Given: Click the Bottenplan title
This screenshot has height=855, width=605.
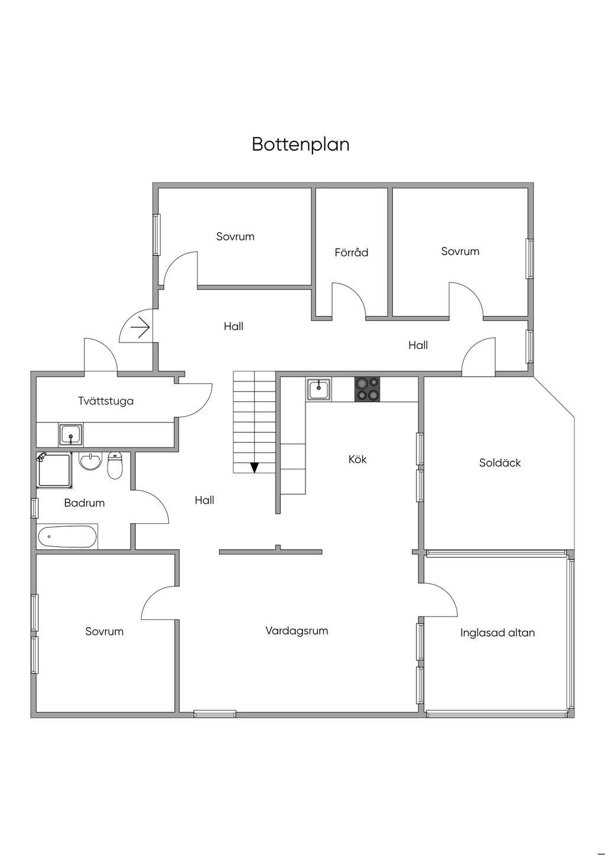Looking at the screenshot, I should pyautogui.click(x=300, y=145).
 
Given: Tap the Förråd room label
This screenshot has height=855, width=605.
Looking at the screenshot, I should pyautogui.click(x=351, y=253).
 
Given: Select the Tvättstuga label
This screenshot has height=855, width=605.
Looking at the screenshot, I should pyautogui.click(x=106, y=401).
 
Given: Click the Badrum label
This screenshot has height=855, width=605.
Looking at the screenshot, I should pyautogui.click(x=84, y=503).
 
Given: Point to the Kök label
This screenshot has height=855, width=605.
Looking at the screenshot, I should pyautogui.click(x=357, y=459).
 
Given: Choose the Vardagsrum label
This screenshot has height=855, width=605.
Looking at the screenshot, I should pyautogui.click(x=297, y=631).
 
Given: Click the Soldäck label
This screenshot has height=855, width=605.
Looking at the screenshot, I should pyautogui.click(x=500, y=463).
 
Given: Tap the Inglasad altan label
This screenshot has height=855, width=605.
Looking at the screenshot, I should pyautogui.click(x=497, y=633).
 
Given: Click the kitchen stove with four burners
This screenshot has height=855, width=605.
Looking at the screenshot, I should pyautogui.click(x=367, y=390).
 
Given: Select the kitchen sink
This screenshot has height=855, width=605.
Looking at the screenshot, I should pyautogui.click(x=319, y=390).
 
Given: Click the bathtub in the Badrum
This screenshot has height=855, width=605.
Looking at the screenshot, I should pyautogui.click(x=67, y=537).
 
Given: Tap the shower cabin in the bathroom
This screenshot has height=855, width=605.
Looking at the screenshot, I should pyautogui.click(x=54, y=470).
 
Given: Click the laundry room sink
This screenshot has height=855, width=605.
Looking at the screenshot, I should pyautogui.click(x=71, y=435).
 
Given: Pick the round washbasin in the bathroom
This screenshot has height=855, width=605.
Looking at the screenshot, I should pyautogui.click(x=90, y=461).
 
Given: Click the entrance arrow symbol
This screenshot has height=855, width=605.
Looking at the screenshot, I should pyautogui.click(x=141, y=327).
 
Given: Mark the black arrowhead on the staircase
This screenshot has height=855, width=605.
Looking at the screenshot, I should pyautogui.click(x=255, y=468).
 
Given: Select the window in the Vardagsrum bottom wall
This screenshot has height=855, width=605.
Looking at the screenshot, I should pyautogui.click(x=215, y=713).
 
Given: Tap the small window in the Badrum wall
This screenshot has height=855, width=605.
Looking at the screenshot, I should pyautogui.click(x=34, y=508).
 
